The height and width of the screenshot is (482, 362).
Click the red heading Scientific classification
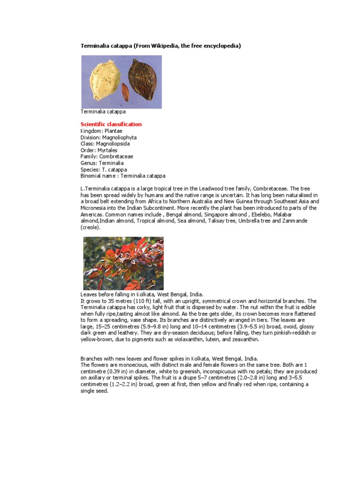point(111,124)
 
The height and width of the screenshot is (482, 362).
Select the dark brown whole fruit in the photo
point(143,78)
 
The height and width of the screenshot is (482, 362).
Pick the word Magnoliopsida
point(113,144)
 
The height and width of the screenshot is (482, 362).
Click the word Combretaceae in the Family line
point(115,157)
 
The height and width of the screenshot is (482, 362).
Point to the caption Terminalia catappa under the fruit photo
point(103,112)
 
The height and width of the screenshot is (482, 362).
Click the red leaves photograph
point(123,263)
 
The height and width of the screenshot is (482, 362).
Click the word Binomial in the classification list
point(91,176)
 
